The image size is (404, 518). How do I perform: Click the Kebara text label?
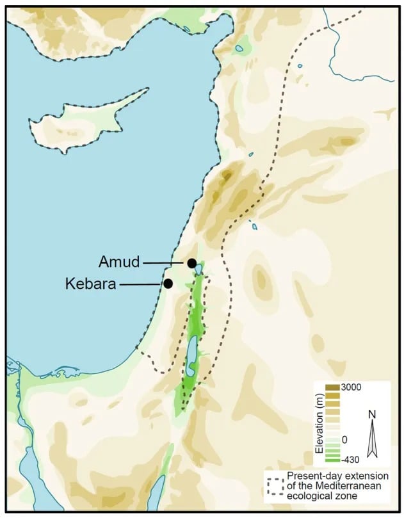[90, 284]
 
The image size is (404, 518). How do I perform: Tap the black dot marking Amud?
[191, 263]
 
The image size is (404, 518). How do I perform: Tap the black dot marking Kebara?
[168, 284]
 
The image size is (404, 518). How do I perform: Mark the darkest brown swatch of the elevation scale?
[333, 387]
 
